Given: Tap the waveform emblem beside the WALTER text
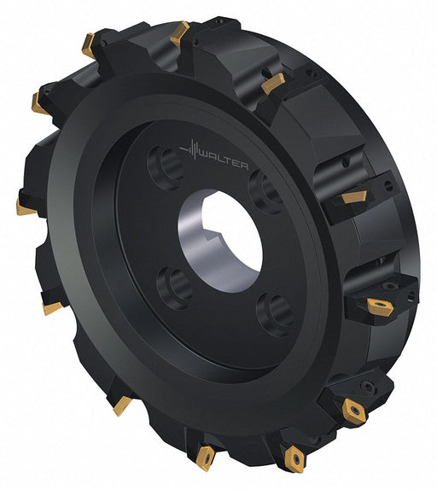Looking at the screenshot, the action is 189,150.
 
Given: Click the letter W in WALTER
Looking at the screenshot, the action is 204,155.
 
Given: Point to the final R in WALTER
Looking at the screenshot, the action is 244,166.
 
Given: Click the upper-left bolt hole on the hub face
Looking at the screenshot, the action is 166,167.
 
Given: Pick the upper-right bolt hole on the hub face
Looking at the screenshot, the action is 265,192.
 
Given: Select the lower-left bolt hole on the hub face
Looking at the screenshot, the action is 174,288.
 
